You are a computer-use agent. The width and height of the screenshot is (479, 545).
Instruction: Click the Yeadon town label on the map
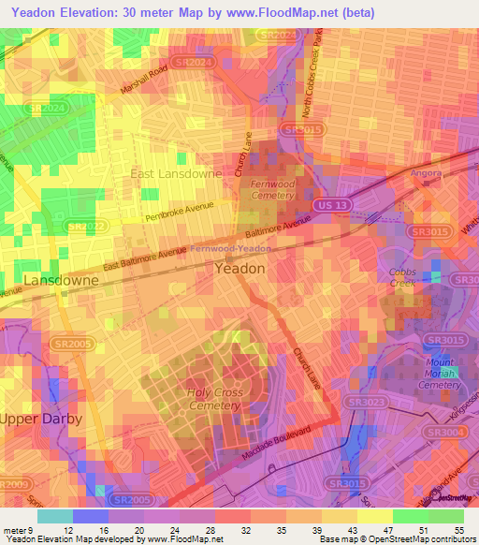[x=239, y=268]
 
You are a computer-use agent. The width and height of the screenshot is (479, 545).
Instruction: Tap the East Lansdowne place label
[x=176, y=174]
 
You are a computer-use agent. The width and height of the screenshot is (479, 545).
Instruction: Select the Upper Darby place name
[x=40, y=418]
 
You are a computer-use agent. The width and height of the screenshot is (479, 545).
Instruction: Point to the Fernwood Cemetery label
[x=273, y=190]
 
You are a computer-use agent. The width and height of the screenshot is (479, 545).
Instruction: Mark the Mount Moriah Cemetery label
[x=439, y=373]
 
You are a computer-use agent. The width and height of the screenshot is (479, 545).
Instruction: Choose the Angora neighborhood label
[x=426, y=173]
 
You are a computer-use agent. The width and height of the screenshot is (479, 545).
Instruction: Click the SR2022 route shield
[x=85, y=226]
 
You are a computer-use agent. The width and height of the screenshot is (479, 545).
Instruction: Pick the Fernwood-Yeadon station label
[x=231, y=249]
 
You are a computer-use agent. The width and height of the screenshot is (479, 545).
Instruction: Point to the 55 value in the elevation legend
[x=458, y=529]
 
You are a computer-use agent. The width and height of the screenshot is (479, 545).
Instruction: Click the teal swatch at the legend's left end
[x=54, y=516]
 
